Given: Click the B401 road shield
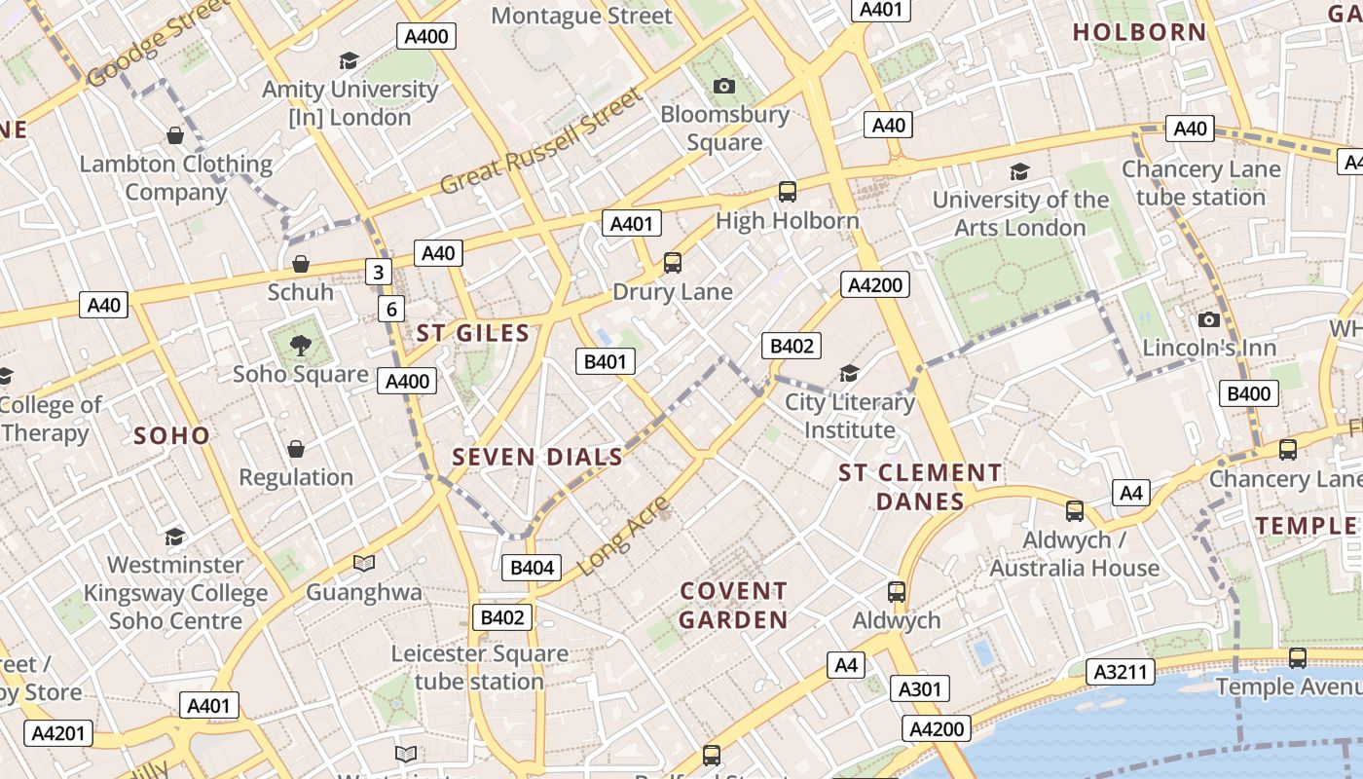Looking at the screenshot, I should click(606, 362).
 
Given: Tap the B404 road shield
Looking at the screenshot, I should click(532, 568).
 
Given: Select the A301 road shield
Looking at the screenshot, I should click(919, 689).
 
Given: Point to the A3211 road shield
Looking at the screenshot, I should click(1124, 672).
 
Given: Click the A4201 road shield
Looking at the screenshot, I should click(58, 733).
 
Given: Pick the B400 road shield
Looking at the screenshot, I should click(1248, 393).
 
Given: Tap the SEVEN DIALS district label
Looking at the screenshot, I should click(537, 457).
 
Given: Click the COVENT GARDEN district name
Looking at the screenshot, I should click(733, 605).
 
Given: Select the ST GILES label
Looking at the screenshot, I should click(473, 333).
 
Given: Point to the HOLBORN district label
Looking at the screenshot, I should click(1139, 32).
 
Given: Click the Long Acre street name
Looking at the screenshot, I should click(624, 535).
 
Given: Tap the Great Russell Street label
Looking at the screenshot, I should click(542, 142).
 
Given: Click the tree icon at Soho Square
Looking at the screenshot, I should click(300, 344).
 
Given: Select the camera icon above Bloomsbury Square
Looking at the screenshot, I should click(723, 86).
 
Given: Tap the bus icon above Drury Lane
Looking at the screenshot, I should click(672, 263).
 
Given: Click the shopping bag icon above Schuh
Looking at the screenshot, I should click(300, 264).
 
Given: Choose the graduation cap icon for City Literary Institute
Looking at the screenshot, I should click(849, 373).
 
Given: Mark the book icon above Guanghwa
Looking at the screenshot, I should click(364, 563).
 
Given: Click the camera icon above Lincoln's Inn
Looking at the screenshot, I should click(1208, 319).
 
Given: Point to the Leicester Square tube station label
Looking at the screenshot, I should click(479, 667).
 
